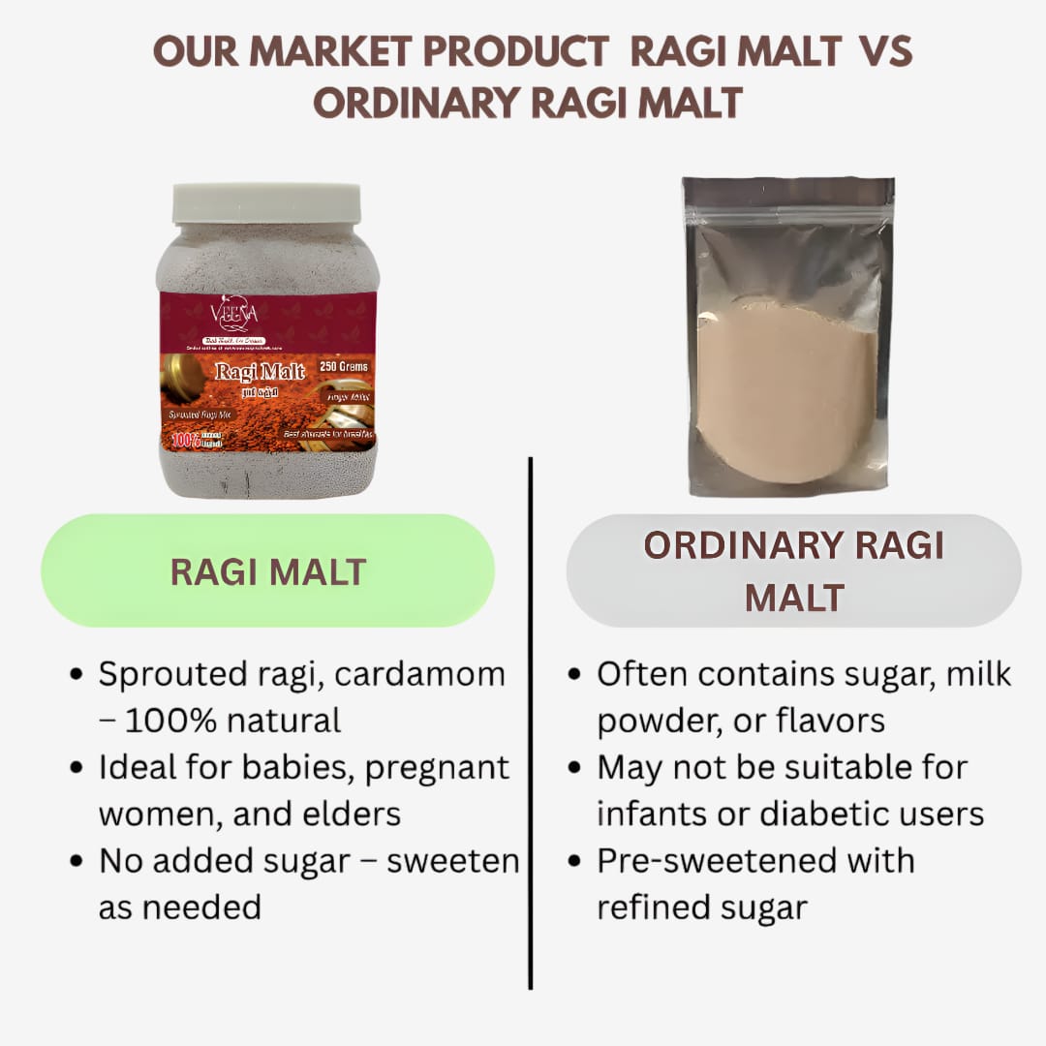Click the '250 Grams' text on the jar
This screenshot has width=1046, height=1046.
click(344, 367)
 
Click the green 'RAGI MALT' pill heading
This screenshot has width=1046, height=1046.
click(267, 571)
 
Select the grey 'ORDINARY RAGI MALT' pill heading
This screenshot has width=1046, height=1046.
click(793, 571)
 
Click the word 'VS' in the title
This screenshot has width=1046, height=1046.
click(885, 53)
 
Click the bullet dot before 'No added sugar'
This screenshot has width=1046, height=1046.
click(77, 862)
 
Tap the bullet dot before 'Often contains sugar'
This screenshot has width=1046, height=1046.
click(575, 676)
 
